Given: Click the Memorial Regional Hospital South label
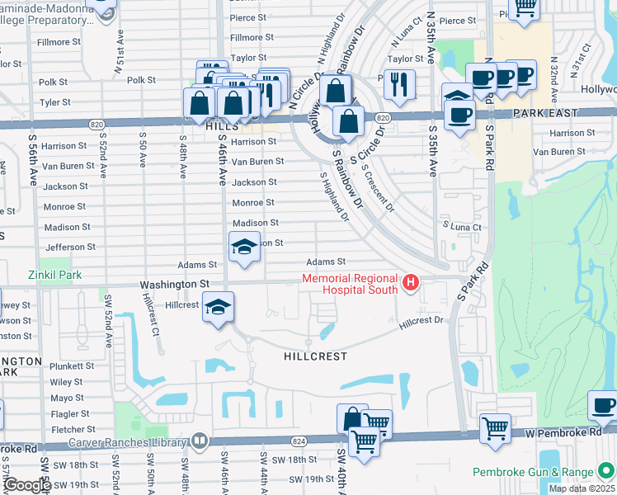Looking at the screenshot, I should pyautogui.click(x=351, y=284).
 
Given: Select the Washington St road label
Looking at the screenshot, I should pyautogui.click(x=174, y=285).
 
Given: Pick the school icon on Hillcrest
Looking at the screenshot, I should pyautogui.click(x=218, y=308).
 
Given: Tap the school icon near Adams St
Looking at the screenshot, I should pyautogui.click(x=244, y=247).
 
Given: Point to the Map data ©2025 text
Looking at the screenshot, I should pyautogui.click(x=582, y=488).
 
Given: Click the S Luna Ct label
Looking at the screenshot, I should pyautogui.click(x=462, y=225).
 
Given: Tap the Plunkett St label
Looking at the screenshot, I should pyautogui.click(x=72, y=365).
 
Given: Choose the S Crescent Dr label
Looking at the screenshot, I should pyautogui.click(x=378, y=187).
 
